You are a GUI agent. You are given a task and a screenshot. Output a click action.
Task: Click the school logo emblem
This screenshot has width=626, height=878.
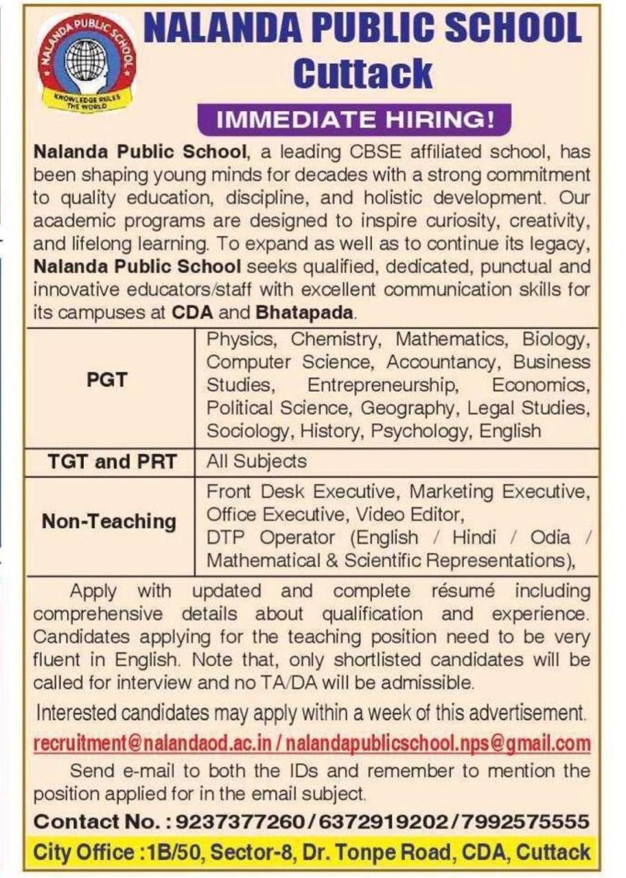point(87,63)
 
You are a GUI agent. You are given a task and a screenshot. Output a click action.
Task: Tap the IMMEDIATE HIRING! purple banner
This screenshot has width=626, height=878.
point(355,119)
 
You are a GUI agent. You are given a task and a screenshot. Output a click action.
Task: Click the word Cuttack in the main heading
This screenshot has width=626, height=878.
point(363,73)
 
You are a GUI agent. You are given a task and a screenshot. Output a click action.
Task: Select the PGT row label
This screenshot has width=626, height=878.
point(108,379)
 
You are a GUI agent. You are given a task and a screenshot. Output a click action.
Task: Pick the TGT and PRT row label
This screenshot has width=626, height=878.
point(111,462)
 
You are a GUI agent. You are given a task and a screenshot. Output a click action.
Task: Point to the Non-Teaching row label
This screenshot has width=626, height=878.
point(109,521)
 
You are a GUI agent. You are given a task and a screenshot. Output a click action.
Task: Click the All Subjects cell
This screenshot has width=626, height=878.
point(257,462)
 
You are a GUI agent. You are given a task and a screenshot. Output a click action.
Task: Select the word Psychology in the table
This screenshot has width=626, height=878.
point(426,431)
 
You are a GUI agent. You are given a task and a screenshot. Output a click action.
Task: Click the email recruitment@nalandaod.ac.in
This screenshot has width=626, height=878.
point(154,743)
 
